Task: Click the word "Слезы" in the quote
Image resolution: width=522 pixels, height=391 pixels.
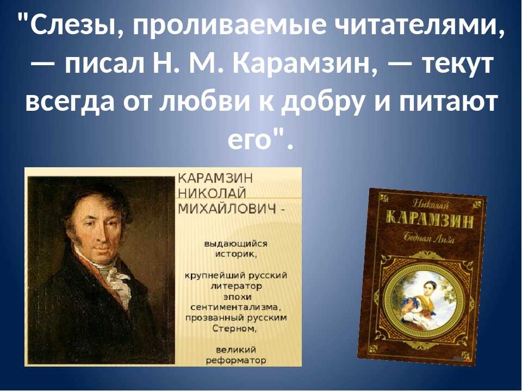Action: point(71,25)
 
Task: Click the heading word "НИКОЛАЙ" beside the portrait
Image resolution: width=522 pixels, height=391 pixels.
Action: point(213,193)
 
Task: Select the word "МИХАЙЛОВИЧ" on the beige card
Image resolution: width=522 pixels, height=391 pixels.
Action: point(228,209)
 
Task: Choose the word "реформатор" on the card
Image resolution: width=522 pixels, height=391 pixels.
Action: point(236,361)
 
